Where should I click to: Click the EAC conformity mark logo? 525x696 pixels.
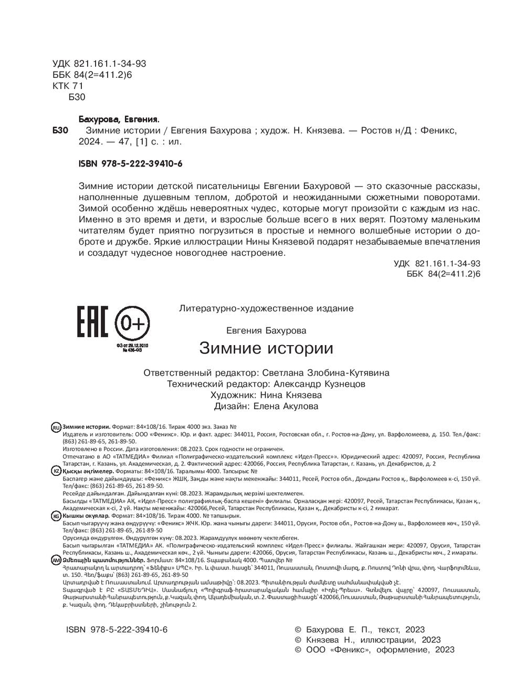[x=92, y=321]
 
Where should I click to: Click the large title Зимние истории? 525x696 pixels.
[x=266, y=348]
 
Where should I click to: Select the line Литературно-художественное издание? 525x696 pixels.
[x=266, y=308]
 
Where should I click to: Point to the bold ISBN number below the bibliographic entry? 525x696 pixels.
[x=130, y=164]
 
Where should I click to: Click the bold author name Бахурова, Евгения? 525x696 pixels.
[x=118, y=119]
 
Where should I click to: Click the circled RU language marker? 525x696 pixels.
[x=56, y=427]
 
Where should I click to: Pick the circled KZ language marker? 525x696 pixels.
[x=56, y=472]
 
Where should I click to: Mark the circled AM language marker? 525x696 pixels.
[x=56, y=560]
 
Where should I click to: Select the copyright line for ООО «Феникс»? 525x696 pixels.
[x=374, y=650]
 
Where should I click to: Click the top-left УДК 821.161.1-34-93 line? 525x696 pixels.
[x=99, y=64]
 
